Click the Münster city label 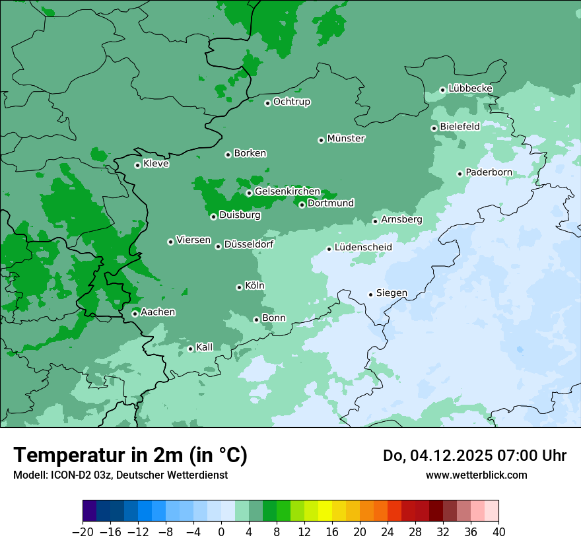pyautogui.click(x=346, y=139)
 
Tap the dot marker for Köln pyautogui.click(x=239, y=287)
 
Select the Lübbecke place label pyautogui.click(x=470, y=88)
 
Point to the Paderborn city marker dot pyautogui.click(x=460, y=174)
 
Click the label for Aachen pyautogui.click(x=158, y=312)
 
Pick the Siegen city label pyautogui.click(x=392, y=293)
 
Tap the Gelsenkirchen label pyautogui.click(x=287, y=191)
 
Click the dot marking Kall pyautogui.click(x=190, y=349)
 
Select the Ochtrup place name pyautogui.click(x=291, y=102)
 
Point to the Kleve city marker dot pyautogui.click(x=137, y=165)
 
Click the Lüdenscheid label pyautogui.click(x=363, y=248)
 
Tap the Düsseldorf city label pyautogui.click(x=248, y=244)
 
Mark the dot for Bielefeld pyautogui.click(x=434, y=128)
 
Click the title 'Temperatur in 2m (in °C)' pyautogui.click(x=130, y=456)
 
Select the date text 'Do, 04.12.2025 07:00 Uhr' pyautogui.click(x=474, y=456)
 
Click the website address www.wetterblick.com pyautogui.click(x=476, y=475)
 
